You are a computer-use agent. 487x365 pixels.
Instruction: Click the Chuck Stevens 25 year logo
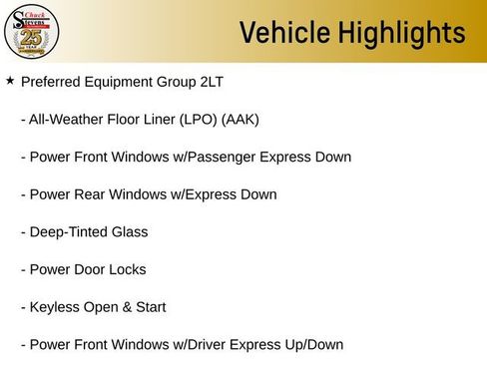[x=32, y=32]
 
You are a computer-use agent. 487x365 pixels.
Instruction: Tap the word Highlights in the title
[x=397, y=33]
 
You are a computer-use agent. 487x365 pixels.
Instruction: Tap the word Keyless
[x=56, y=307]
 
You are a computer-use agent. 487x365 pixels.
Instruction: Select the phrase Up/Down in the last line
[x=311, y=345]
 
